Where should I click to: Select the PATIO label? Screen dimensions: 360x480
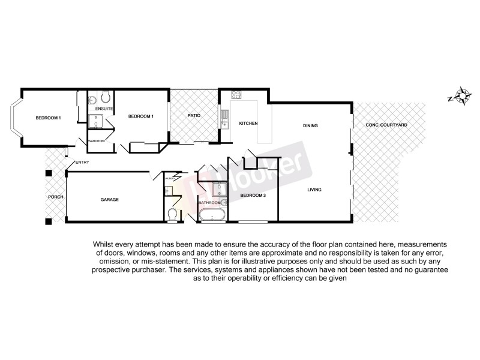(194, 115)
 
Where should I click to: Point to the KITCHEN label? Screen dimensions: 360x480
(248, 124)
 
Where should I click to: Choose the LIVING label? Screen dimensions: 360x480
(314, 190)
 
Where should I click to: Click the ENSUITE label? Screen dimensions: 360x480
(105, 109)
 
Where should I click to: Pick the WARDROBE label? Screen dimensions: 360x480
(97, 140)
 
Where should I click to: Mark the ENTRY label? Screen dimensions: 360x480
(82, 163)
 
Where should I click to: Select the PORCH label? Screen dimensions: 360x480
(56, 197)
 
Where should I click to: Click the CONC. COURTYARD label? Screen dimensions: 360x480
(387, 125)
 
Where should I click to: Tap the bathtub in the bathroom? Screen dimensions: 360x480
(211, 216)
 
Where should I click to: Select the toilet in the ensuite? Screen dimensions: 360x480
(106, 96)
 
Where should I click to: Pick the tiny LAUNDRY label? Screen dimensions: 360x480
(170, 178)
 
